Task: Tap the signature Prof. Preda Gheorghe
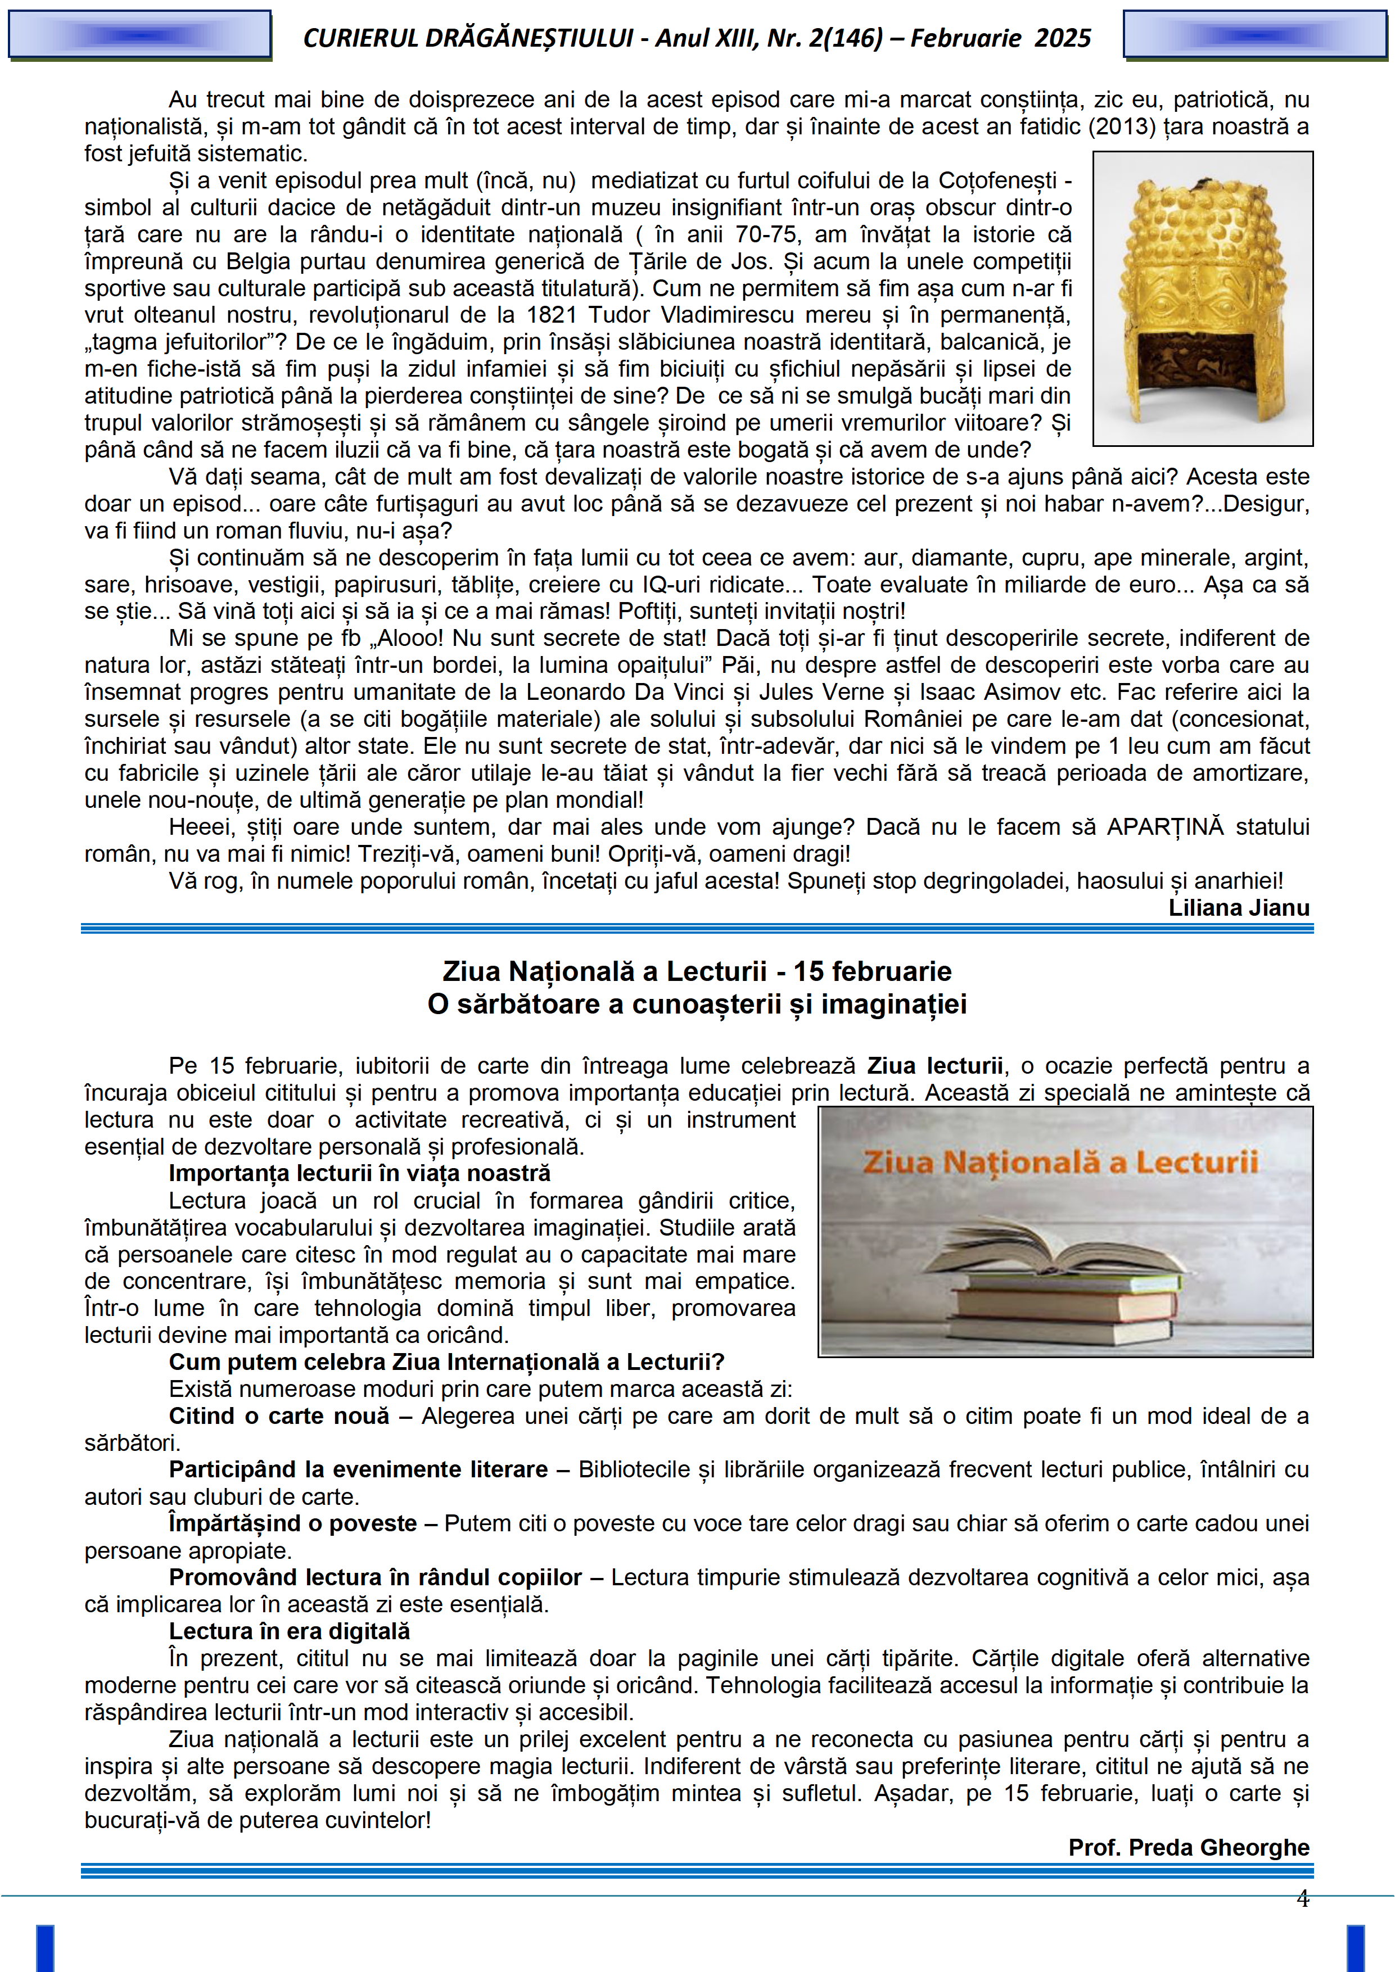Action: pos(1188,1847)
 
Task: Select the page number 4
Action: pos(1302,1899)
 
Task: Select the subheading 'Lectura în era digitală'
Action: pos(290,1631)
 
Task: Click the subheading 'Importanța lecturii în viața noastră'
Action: pos(359,1173)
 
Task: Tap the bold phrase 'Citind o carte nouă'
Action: pos(279,1415)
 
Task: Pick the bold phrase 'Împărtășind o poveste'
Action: pos(292,1523)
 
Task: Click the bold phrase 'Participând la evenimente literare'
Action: pos(358,1469)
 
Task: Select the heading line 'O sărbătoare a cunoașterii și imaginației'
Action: pos(697,1004)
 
